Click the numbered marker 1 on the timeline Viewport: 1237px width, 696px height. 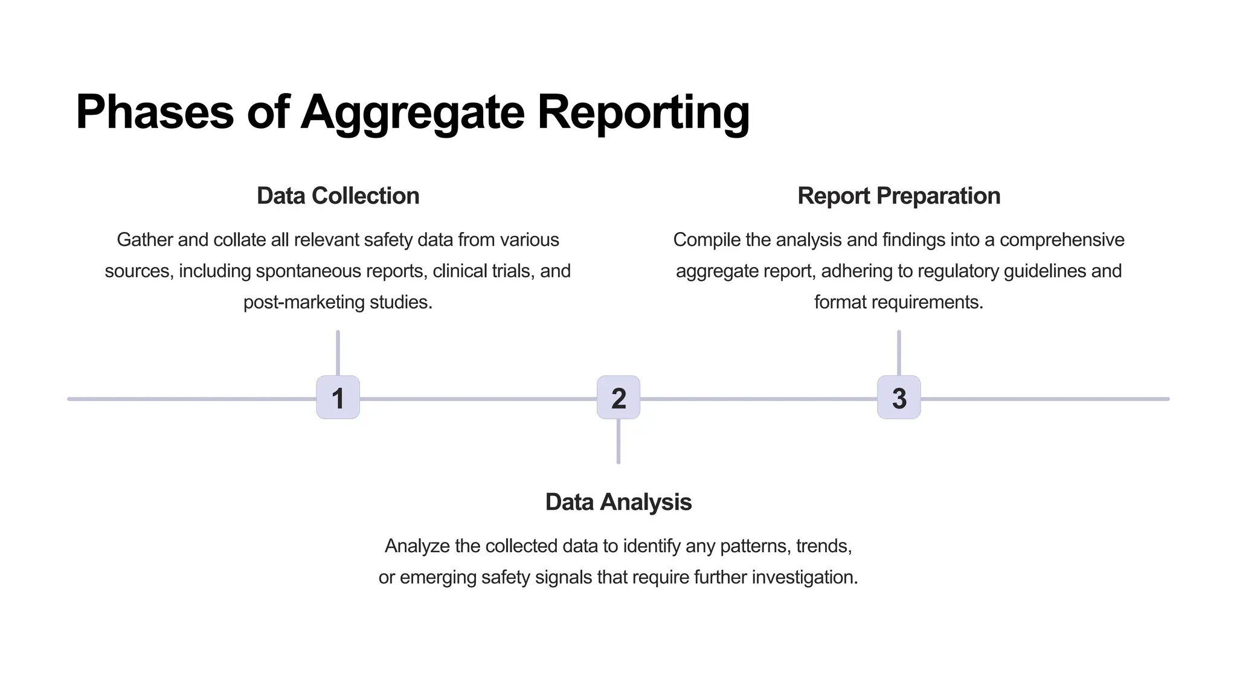tap(338, 398)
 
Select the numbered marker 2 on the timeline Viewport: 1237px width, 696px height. tap(618, 398)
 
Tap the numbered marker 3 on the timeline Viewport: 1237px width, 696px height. tap(899, 398)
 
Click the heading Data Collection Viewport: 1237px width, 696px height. tap(338, 196)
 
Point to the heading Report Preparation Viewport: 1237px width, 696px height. tap(899, 196)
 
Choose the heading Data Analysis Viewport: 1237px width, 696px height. tap(618, 502)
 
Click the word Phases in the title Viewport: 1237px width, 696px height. tap(155, 112)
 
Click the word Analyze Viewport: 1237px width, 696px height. tap(417, 546)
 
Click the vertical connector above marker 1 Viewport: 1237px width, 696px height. tap(338, 353)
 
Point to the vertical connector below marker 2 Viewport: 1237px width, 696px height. tap(618, 442)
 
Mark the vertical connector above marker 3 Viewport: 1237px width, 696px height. tap(899, 353)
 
